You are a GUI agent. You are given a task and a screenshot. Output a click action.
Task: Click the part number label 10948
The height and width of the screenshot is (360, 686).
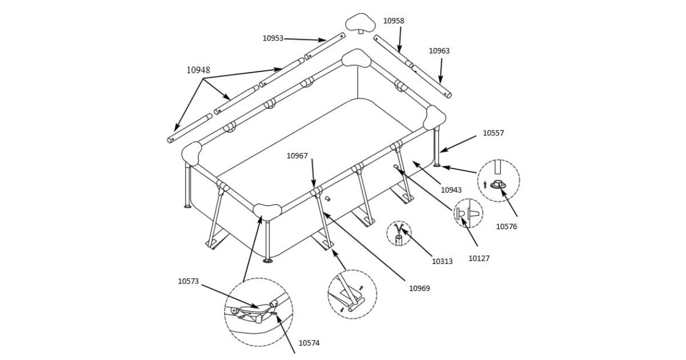tap(198, 70)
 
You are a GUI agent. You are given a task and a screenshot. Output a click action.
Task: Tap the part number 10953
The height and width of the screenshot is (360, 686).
tap(273, 38)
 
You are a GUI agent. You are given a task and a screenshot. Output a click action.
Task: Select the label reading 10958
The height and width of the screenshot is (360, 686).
tap(393, 21)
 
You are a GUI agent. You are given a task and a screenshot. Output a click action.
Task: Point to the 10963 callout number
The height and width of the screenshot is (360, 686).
tap(439, 51)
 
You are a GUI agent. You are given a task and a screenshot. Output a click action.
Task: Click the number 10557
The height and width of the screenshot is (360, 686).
tap(493, 133)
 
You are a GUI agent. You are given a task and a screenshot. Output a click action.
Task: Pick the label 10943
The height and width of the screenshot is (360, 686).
tap(451, 189)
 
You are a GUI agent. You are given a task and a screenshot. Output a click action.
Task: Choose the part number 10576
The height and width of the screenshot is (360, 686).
tap(506, 226)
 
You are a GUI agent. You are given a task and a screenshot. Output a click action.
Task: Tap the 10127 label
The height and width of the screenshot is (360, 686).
tap(479, 258)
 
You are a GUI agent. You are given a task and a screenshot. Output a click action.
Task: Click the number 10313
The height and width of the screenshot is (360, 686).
tap(442, 262)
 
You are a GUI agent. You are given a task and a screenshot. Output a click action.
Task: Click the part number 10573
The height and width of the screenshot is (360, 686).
tap(188, 281)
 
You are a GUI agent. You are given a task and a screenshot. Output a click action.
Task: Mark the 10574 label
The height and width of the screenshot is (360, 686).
tap(309, 343)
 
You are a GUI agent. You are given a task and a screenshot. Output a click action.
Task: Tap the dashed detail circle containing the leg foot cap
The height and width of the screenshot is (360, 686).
tap(499, 178)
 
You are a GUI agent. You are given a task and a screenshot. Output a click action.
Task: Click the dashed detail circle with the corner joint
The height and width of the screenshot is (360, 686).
tap(258, 313)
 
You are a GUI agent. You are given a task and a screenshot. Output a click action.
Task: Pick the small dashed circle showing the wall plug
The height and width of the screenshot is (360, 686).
tap(468, 214)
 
